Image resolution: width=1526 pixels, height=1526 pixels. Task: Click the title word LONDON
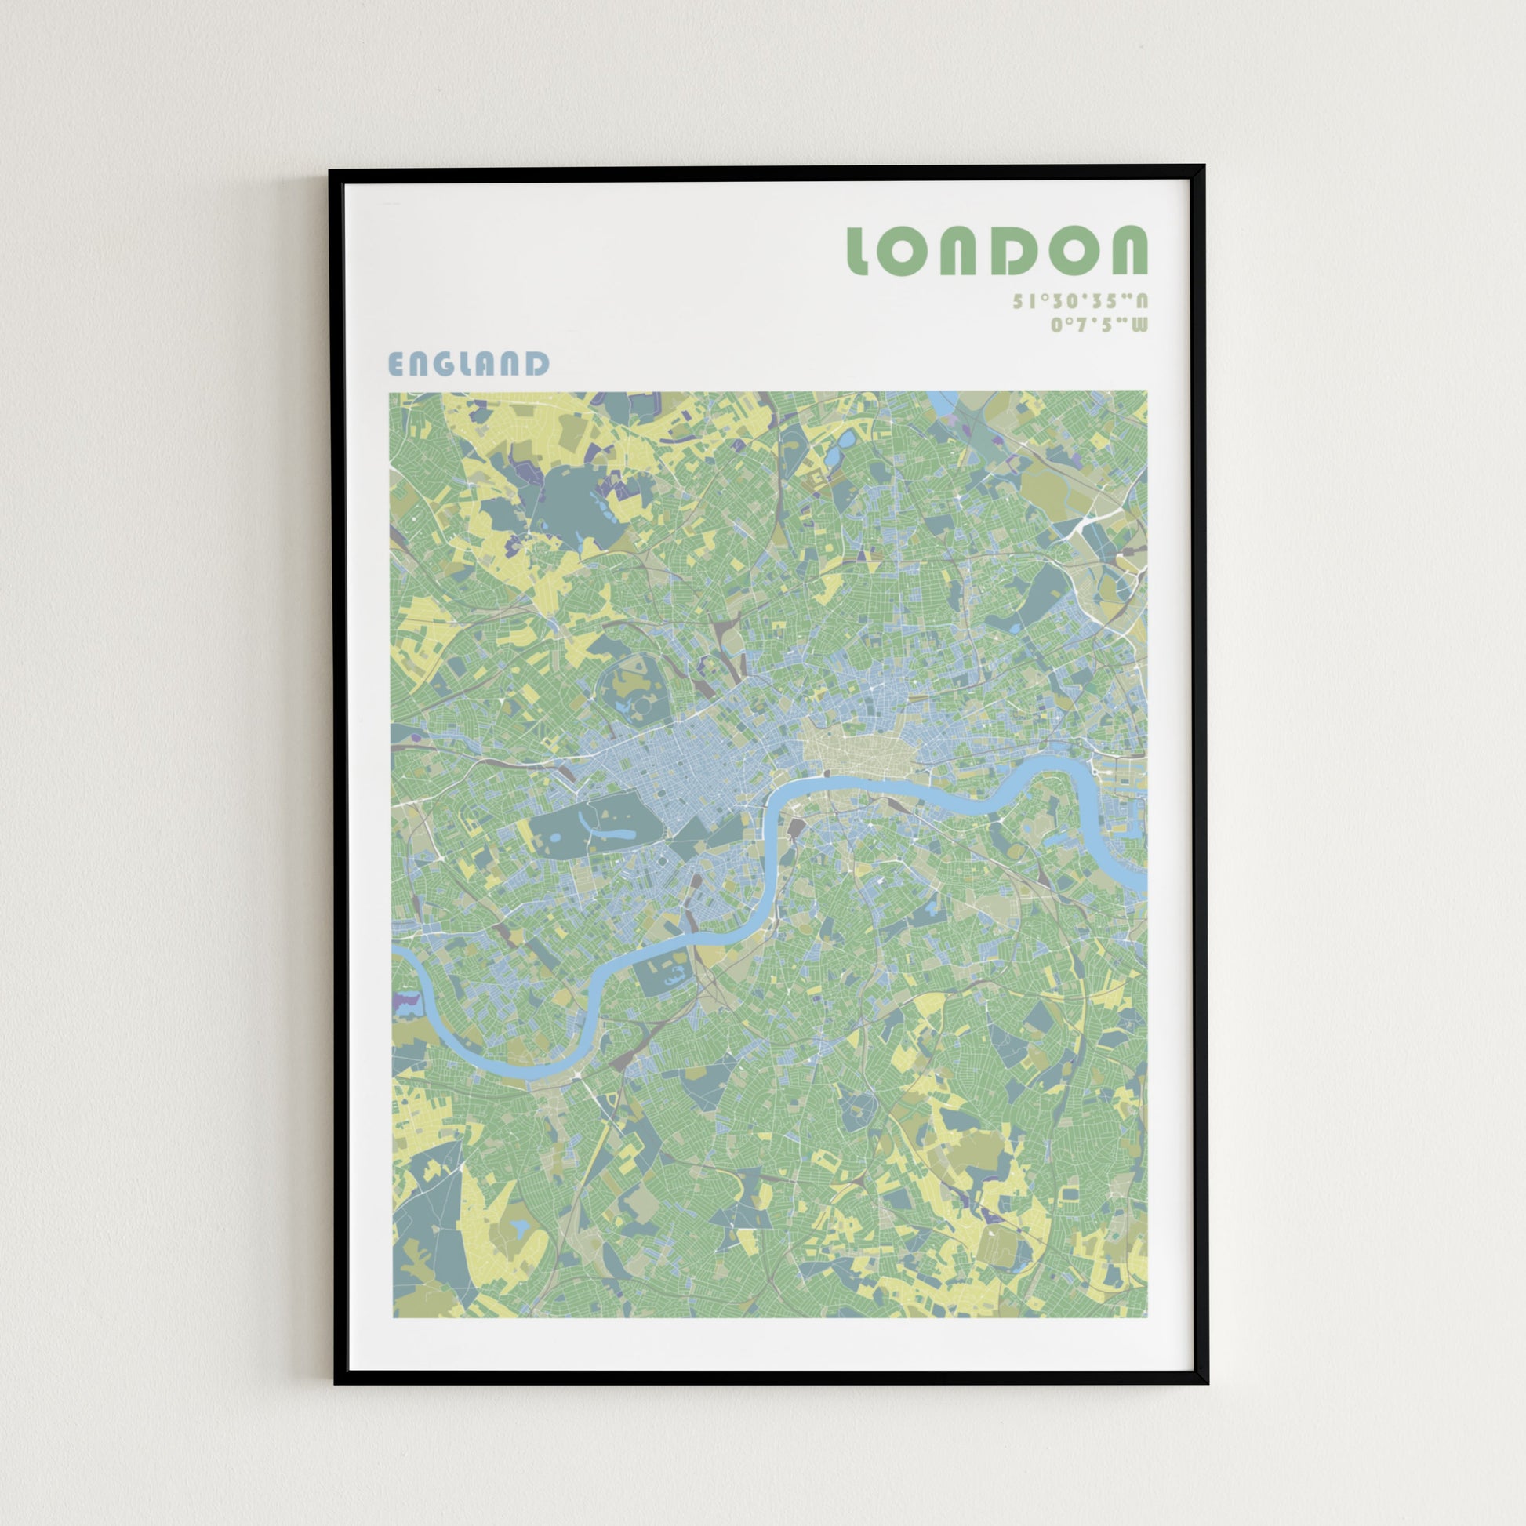coord(997,250)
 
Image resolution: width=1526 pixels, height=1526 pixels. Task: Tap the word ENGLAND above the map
coord(468,364)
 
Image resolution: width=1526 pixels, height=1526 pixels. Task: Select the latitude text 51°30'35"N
coord(1080,301)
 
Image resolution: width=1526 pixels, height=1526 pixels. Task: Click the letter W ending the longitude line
coord(1138,325)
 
